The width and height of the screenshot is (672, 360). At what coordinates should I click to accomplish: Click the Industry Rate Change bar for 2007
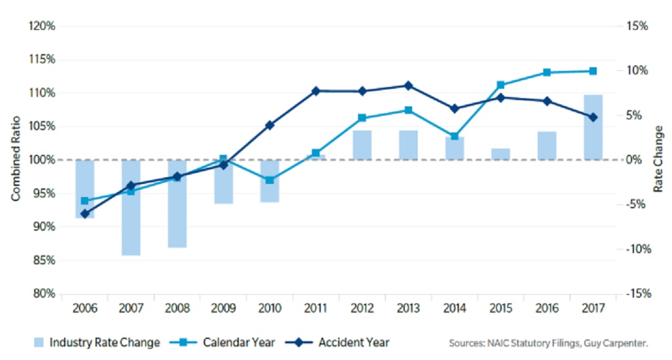tap(131, 208)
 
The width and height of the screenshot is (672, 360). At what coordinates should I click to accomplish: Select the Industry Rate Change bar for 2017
tap(593, 127)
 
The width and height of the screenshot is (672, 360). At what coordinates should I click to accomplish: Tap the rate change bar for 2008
tap(177, 204)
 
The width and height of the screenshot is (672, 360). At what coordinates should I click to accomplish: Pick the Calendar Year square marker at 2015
tap(500, 85)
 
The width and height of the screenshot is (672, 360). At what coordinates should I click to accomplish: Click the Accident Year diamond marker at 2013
tap(408, 86)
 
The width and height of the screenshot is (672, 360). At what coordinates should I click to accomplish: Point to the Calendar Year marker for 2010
tap(269, 180)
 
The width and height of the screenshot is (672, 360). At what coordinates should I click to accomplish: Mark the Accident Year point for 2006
tap(85, 214)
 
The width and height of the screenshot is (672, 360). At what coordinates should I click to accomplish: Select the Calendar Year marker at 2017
tap(593, 71)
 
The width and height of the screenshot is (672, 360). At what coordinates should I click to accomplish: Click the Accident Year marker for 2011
tap(316, 91)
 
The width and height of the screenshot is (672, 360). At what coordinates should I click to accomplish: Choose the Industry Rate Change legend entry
tap(97, 343)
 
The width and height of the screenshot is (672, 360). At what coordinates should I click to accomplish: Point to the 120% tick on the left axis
tap(42, 27)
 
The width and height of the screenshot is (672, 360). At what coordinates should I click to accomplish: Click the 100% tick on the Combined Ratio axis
tap(42, 160)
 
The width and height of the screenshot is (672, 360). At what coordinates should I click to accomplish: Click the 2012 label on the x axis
tap(362, 308)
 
